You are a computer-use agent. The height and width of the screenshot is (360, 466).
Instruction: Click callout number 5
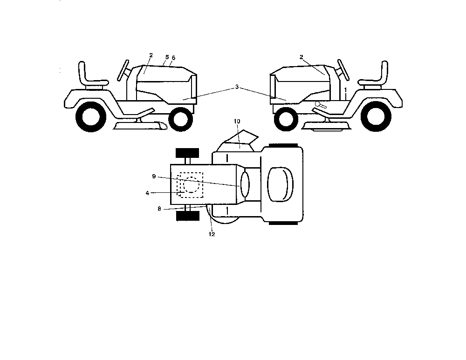[167, 57]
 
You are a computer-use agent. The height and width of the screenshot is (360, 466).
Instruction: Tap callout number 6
[173, 58]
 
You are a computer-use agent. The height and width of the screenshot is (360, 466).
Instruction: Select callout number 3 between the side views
[237, 87]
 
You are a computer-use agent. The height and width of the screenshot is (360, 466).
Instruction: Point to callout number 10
[237, 121]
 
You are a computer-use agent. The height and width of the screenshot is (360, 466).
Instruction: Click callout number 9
[154, 177]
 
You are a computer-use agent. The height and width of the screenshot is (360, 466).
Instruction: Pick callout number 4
[147, 193]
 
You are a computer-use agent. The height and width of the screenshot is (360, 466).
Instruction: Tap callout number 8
[159, 209]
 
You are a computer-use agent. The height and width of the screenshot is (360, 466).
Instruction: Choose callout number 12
[212, 234]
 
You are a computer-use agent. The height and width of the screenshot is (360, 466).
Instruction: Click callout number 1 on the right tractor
[345, 90]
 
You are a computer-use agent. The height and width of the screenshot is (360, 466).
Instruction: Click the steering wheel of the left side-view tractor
[123, 70]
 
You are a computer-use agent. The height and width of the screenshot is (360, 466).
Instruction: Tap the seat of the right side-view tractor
[375, 76]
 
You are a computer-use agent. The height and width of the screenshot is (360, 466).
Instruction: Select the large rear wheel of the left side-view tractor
[91, 116]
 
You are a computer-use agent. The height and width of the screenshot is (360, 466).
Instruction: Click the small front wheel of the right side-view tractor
[286, 119]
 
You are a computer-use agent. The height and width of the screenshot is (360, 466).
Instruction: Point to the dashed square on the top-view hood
[190, 185]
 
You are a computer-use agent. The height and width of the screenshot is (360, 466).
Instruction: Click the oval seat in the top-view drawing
[280, 184]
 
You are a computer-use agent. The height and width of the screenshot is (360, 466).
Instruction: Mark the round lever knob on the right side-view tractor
[318, 104]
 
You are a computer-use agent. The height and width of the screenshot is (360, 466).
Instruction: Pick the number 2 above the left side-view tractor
[151, 55]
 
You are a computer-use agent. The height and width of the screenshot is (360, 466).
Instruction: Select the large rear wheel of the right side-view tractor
[375, 116]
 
